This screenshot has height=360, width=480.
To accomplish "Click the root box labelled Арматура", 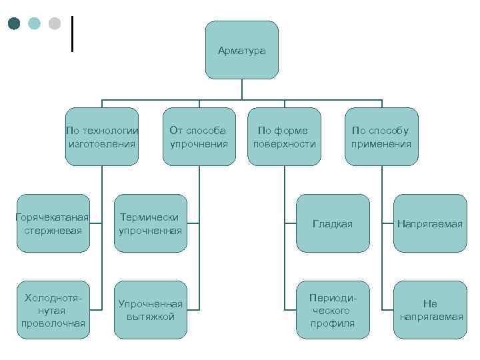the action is click(x=241, y=51).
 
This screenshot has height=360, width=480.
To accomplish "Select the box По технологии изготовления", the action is click(x=102, y=137).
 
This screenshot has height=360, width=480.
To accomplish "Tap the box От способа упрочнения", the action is click(x=199, y=137).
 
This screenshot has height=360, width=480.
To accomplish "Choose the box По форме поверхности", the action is click(x=285, y=137).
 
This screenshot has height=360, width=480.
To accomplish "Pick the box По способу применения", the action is click(x=381, y=137).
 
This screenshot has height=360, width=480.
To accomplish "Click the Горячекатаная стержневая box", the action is click(x=53, y=223).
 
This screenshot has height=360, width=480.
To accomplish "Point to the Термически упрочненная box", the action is click(x=150, y=223).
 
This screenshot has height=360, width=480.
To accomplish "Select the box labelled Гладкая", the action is click(x=333, y=223).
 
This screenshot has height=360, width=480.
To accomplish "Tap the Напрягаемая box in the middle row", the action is click(x=430, y=223).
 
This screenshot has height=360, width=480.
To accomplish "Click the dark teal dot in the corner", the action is click(x=15, y=23).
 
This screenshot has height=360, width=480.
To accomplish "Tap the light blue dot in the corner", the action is click(x=34, y=23).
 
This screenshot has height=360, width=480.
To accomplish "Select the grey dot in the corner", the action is click(x=54, y=23).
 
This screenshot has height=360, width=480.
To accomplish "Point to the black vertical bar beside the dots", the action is click(x=71, y=33).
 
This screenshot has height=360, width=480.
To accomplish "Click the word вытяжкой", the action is click(x=150, y=316).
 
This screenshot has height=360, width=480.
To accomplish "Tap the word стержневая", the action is click(x=53, y=231).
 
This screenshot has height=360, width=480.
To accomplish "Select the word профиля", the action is click(x=333, y=324).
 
